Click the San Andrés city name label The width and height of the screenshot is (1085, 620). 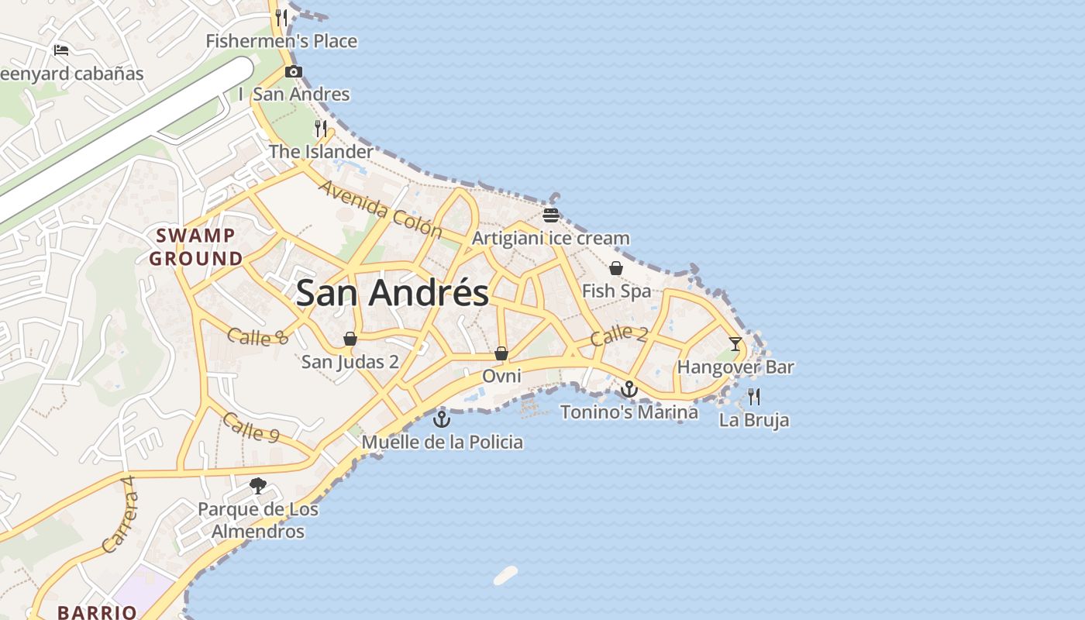tap(392, 293)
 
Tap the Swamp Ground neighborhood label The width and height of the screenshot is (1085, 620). tap(195, 247)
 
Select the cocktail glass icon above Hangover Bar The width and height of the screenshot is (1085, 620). tap(735, 343)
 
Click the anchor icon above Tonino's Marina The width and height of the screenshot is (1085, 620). tap(629, 389)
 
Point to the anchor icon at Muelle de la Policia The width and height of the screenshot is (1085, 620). tap(442, 419)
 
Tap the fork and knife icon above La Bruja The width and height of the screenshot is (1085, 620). tap(754, 398)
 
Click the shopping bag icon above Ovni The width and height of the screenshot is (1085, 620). tap(501, 353)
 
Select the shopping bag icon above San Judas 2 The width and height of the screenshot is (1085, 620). tap(350, 339)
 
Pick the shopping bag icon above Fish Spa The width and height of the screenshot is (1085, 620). tap(616, 268)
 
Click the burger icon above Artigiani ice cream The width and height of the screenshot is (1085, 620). tap(551, 215)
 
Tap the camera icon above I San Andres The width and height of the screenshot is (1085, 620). tap(293, 72)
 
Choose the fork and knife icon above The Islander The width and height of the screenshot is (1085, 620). tap(321, 128)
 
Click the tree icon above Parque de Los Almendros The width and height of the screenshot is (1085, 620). tap(258, 486)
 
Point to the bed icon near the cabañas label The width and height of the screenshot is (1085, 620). tap(61, 50)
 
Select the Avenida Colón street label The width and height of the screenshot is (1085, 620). tap(380, 210)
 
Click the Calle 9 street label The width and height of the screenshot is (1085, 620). tap(250, 427)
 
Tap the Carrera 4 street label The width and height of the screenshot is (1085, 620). tap(119, 514)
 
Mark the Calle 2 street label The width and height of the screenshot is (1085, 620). tap(618, 336)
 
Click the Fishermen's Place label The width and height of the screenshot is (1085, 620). tap(281, 41)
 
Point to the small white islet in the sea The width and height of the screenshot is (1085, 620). tap(505, 575)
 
